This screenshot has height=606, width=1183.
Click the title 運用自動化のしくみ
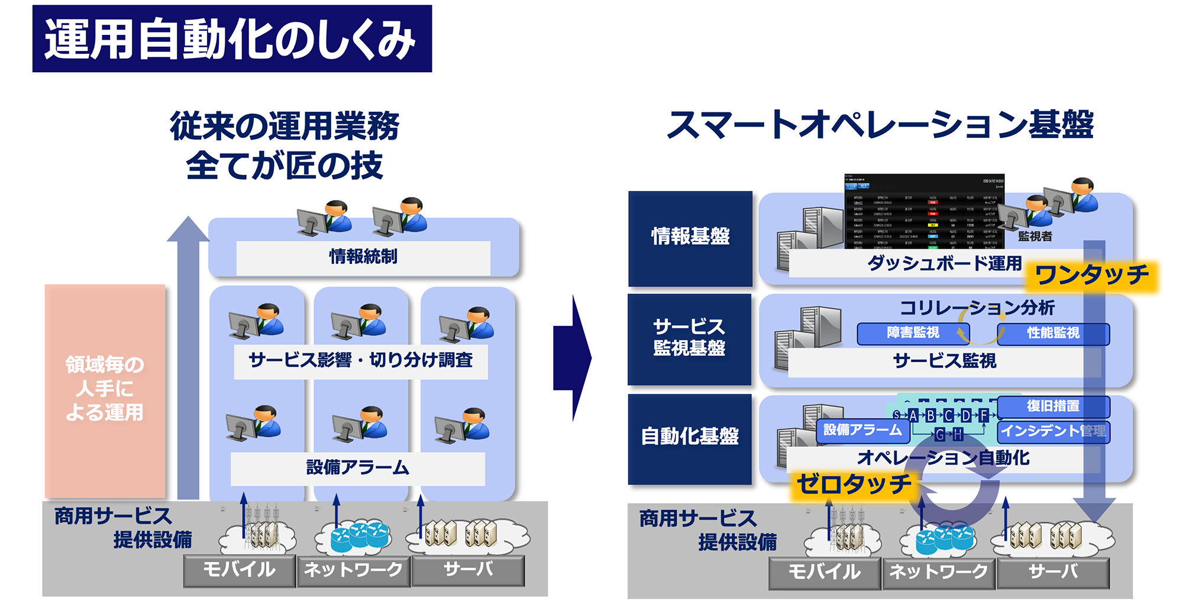tap(231, 39)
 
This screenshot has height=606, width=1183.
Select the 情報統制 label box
tap(363, 257)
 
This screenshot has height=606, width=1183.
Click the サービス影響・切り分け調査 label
tap(360, 360)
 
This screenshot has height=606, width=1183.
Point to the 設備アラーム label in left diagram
tap(357, 468)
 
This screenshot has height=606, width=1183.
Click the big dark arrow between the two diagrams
tap(572, 358)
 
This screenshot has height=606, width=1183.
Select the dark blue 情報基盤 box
tap(690, 237)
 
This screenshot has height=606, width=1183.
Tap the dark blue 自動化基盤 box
tap(690, 437)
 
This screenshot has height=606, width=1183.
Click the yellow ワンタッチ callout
tap(1091, 276)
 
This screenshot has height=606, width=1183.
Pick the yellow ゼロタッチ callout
tap(854, 485)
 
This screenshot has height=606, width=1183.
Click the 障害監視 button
tap(912, 333)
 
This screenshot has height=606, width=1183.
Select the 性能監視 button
tap(1053, 333)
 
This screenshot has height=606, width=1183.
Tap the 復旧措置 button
tap(1053, 407)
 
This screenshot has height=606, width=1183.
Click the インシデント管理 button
tap(1053, 431)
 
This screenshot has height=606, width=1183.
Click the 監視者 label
tap(1035, 236)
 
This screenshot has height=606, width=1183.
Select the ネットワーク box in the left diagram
tap(353, 570)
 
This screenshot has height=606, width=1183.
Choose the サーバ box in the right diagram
tap(1053, 572)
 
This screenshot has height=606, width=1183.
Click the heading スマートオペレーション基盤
tap(880, 125)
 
